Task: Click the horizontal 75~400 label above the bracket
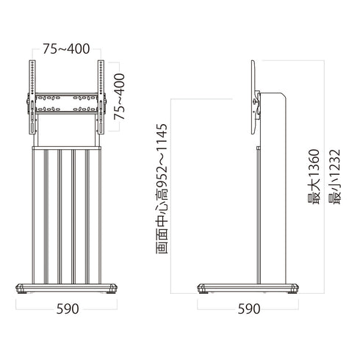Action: (x=66, y=49)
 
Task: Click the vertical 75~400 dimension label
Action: (x=120, y=96)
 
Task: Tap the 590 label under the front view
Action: (x=68, y=309)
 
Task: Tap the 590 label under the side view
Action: (x=249, y=309)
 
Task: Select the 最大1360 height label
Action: (x=314, y=176)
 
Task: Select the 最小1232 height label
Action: (x=335, y=176)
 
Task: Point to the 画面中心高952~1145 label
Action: (x=162, y=189)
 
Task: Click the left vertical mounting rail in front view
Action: (x=32, y=97)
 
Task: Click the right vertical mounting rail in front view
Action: (x=101, y=97)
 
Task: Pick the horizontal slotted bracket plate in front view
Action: (x=67, y=104)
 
